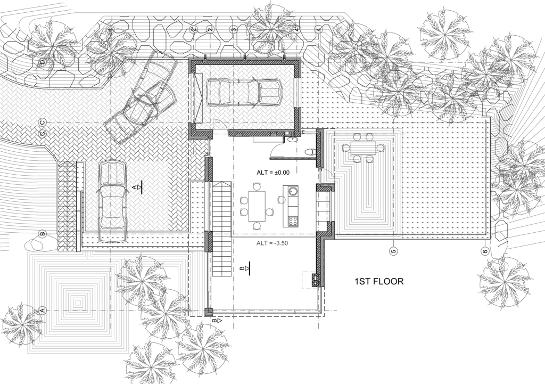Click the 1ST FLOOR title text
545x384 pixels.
(x=379, y=281)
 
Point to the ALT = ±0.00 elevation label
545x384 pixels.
(x=273, y=172)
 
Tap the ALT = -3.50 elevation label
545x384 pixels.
(x=272, y=243)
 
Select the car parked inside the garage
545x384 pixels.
(x=244, y=92)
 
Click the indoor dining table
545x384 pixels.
(x=257, y=206)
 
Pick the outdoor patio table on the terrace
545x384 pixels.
(x=363, y=148)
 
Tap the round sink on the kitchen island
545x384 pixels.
(x=293, y=191)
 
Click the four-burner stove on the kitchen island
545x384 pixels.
(x=293, y=221)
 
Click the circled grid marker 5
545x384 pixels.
(x=393, y=251)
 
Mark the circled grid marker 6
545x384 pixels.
(x=485, y=251)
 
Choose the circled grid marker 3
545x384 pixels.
(x=234, y=30)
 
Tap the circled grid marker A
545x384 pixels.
(x=43, y=311)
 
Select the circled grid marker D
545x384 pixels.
(x=43, y=62)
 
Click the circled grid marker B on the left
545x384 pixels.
(x=43, y=234)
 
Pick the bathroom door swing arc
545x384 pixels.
(x=276, y=150)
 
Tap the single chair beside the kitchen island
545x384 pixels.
(x=281, y=200)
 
